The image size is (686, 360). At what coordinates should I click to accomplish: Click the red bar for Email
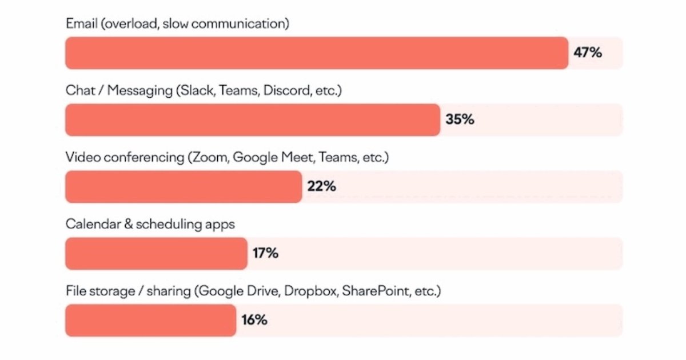pyautogui.click(x=317, y=53)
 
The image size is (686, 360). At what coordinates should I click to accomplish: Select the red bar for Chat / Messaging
pyautogui.click(x=253, y=120)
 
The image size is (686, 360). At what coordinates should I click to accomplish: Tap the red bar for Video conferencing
pyautogui.click(x=184, y=187)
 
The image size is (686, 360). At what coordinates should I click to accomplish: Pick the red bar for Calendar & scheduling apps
pyautogui.click(x=156, y=254)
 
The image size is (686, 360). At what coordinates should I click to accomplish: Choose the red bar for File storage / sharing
pyautogui.click(x=150, y=320)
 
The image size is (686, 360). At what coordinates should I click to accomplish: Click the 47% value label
pyautogui.click(x=588, y=53)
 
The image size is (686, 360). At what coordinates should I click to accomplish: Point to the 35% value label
pyautogui.click(x=460, y=120)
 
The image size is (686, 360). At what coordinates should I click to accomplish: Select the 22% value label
pyautogui.click(x=321, y=187)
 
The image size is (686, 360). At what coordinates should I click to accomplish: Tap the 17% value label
pyautogui.click(x=265, y=254)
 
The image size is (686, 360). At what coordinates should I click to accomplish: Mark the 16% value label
pyautogui.click(x=254, y=320)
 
